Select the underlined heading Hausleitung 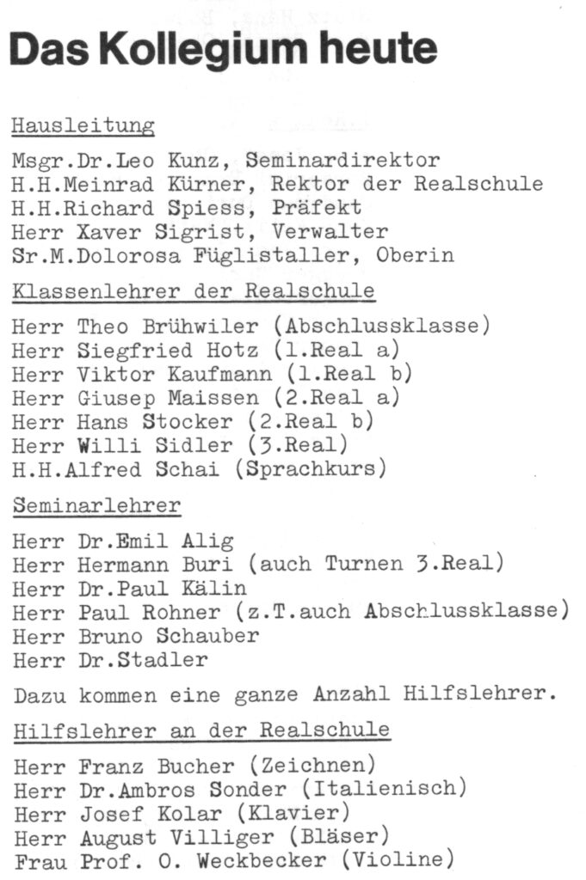coord(83,126)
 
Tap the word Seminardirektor coord(342,160)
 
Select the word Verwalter coord(330,232)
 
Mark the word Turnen coord(362,565)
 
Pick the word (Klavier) coord(297,812)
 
